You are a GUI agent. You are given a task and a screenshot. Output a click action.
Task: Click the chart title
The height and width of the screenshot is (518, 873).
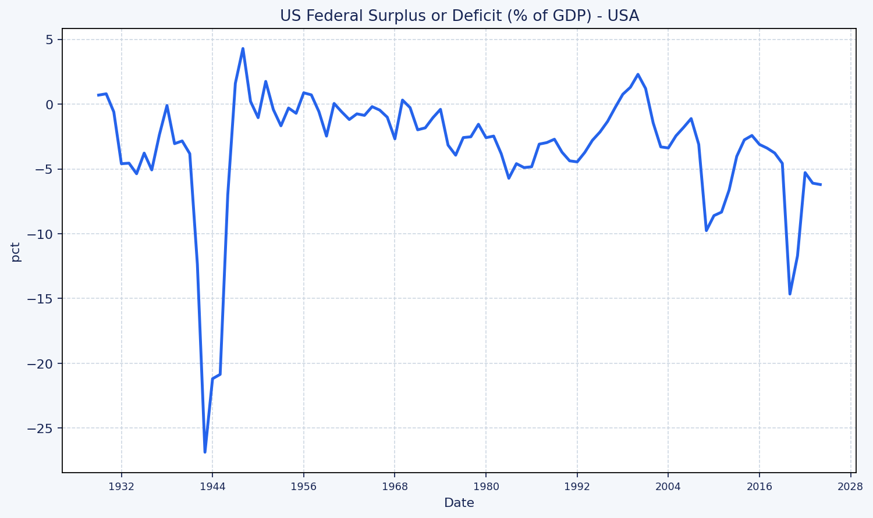(x=459, y=16)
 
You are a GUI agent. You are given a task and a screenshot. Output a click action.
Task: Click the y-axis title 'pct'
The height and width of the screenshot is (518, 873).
(x=16, y=252)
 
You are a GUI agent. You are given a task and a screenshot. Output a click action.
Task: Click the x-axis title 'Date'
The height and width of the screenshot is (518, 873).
(x=459, y=503)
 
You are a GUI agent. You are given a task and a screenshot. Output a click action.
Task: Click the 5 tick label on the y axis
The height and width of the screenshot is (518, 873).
(x=49, y=40)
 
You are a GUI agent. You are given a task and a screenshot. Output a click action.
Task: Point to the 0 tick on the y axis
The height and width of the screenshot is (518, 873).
(x=49, y=105)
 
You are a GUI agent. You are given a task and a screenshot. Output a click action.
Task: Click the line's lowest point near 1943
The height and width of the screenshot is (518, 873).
(x=205, y=452)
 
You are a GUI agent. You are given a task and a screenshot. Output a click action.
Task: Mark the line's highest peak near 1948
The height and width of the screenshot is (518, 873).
(x=243, y=48)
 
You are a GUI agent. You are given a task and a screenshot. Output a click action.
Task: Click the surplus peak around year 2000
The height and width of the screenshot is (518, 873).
(x=638, y=74)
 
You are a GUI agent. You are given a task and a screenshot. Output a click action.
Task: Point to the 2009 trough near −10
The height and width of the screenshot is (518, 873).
(x=707, y=231)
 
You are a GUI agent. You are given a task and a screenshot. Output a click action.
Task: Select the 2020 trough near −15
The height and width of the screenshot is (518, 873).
(x=790, y=294)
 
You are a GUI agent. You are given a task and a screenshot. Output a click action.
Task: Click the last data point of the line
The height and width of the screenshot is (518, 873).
(x=820, y=184)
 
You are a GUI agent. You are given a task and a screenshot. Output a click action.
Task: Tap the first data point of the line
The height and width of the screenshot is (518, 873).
(x=98, y=95)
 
